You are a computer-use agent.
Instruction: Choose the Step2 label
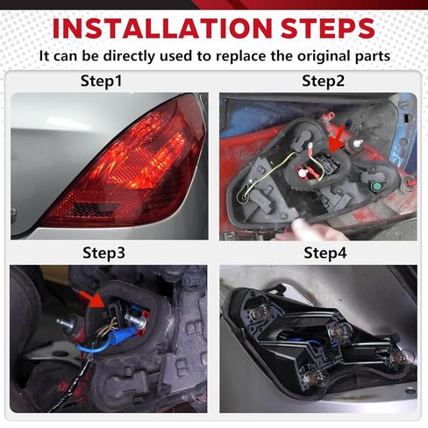[x=317, y=81]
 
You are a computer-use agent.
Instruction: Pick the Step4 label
[x=317, y=253]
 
